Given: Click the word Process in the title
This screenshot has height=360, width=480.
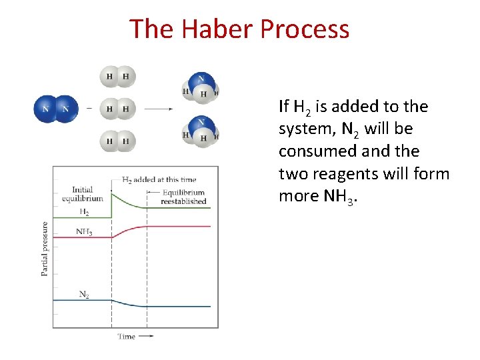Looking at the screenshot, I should (x=305, y=29).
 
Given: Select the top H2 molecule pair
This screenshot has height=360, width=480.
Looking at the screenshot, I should (x=117, y=76).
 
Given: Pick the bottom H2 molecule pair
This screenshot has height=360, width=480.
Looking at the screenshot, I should (x=117, y=141).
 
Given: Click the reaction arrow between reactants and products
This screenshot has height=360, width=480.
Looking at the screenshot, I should (x=159, y=109).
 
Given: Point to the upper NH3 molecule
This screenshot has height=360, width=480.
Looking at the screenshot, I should (x=201, y=89).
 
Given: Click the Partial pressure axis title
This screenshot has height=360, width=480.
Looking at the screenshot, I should (x=45, y=249).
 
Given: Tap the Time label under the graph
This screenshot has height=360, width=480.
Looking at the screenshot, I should (x=127, y=336).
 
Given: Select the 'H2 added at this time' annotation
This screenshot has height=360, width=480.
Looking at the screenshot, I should (x=159, y=179).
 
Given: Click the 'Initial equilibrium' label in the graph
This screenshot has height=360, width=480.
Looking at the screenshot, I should (x=82, y=194).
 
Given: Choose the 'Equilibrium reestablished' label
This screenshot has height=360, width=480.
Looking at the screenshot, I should (x=183, y=197).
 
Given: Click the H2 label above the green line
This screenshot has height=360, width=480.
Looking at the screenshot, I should (x=84, y=212).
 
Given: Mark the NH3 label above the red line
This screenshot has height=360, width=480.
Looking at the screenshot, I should (x=84, y=231).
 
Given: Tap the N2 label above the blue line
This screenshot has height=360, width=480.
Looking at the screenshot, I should (x=84, y=294).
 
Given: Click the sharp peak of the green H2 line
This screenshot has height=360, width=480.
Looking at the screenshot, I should (x=111, y=191).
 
